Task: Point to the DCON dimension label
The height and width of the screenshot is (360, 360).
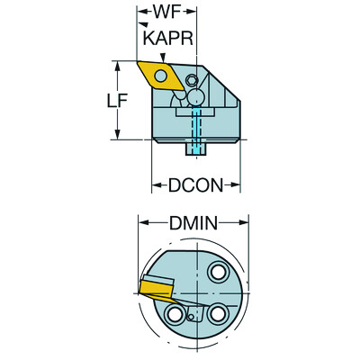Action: (195, 186)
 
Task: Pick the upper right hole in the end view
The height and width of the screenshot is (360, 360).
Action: (217, 274)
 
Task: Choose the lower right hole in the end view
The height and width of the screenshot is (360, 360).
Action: (217, 315)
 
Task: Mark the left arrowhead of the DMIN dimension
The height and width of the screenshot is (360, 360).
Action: (140, 222)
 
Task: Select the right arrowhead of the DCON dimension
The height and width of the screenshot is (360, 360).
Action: (238, 186)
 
